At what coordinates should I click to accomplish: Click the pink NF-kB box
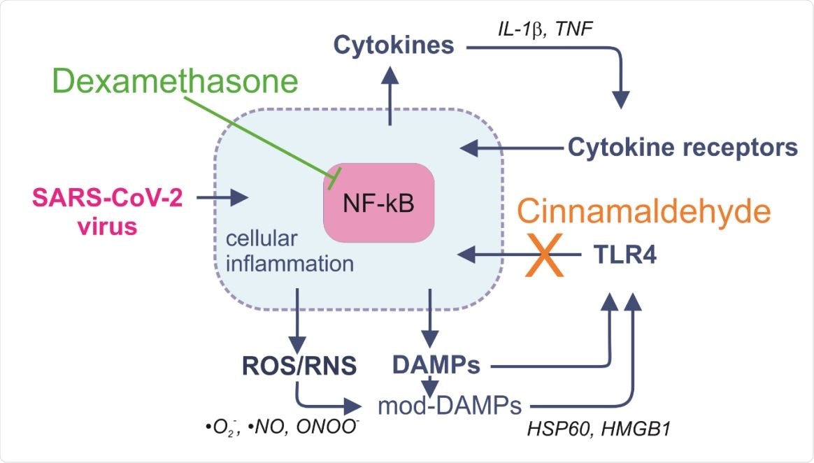coord(378,204)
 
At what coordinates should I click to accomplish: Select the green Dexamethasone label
coord(174,83)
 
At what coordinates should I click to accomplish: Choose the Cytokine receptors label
coord(683,148)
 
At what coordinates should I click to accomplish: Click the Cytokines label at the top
coord(394,47)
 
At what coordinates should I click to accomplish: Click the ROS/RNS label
coord(299,365)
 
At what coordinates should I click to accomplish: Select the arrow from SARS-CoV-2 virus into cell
coord(222,198)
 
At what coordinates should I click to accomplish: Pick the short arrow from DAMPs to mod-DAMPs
coord(432,385)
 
